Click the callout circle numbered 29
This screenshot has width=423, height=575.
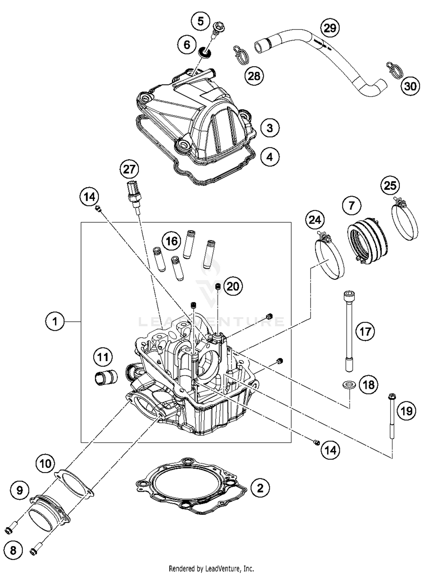pos(330,28)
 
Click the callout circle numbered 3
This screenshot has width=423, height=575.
pos(270,128)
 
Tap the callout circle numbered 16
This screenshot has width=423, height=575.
pos(172,241)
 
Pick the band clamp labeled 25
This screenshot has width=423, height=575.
pos(404,220)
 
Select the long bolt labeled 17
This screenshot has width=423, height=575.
pos(349,332)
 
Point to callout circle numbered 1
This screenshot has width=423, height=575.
pos(55,321)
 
